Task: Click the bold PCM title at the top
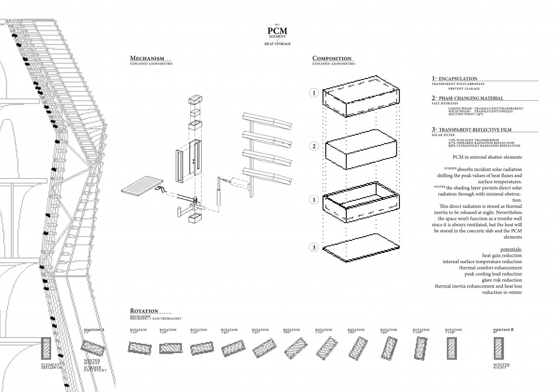click(277, 30)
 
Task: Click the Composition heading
click(332, 58)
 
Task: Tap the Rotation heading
click(144, 311)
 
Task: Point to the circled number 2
click(313, 146)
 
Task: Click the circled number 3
click(313, 248)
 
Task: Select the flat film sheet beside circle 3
click(360, 247)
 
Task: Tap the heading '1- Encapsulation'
click(455, 79)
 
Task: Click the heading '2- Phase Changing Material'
click(468, 98)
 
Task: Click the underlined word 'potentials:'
click(509, 249)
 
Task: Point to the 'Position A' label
click(95, 329)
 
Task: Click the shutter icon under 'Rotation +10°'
click(137, 347)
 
